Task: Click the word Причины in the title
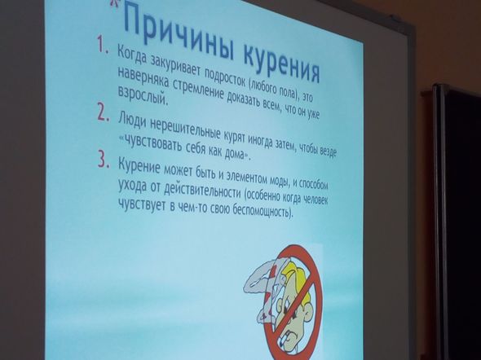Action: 179,32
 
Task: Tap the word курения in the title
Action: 281,64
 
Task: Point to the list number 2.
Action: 103,112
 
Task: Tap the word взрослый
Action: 143,96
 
